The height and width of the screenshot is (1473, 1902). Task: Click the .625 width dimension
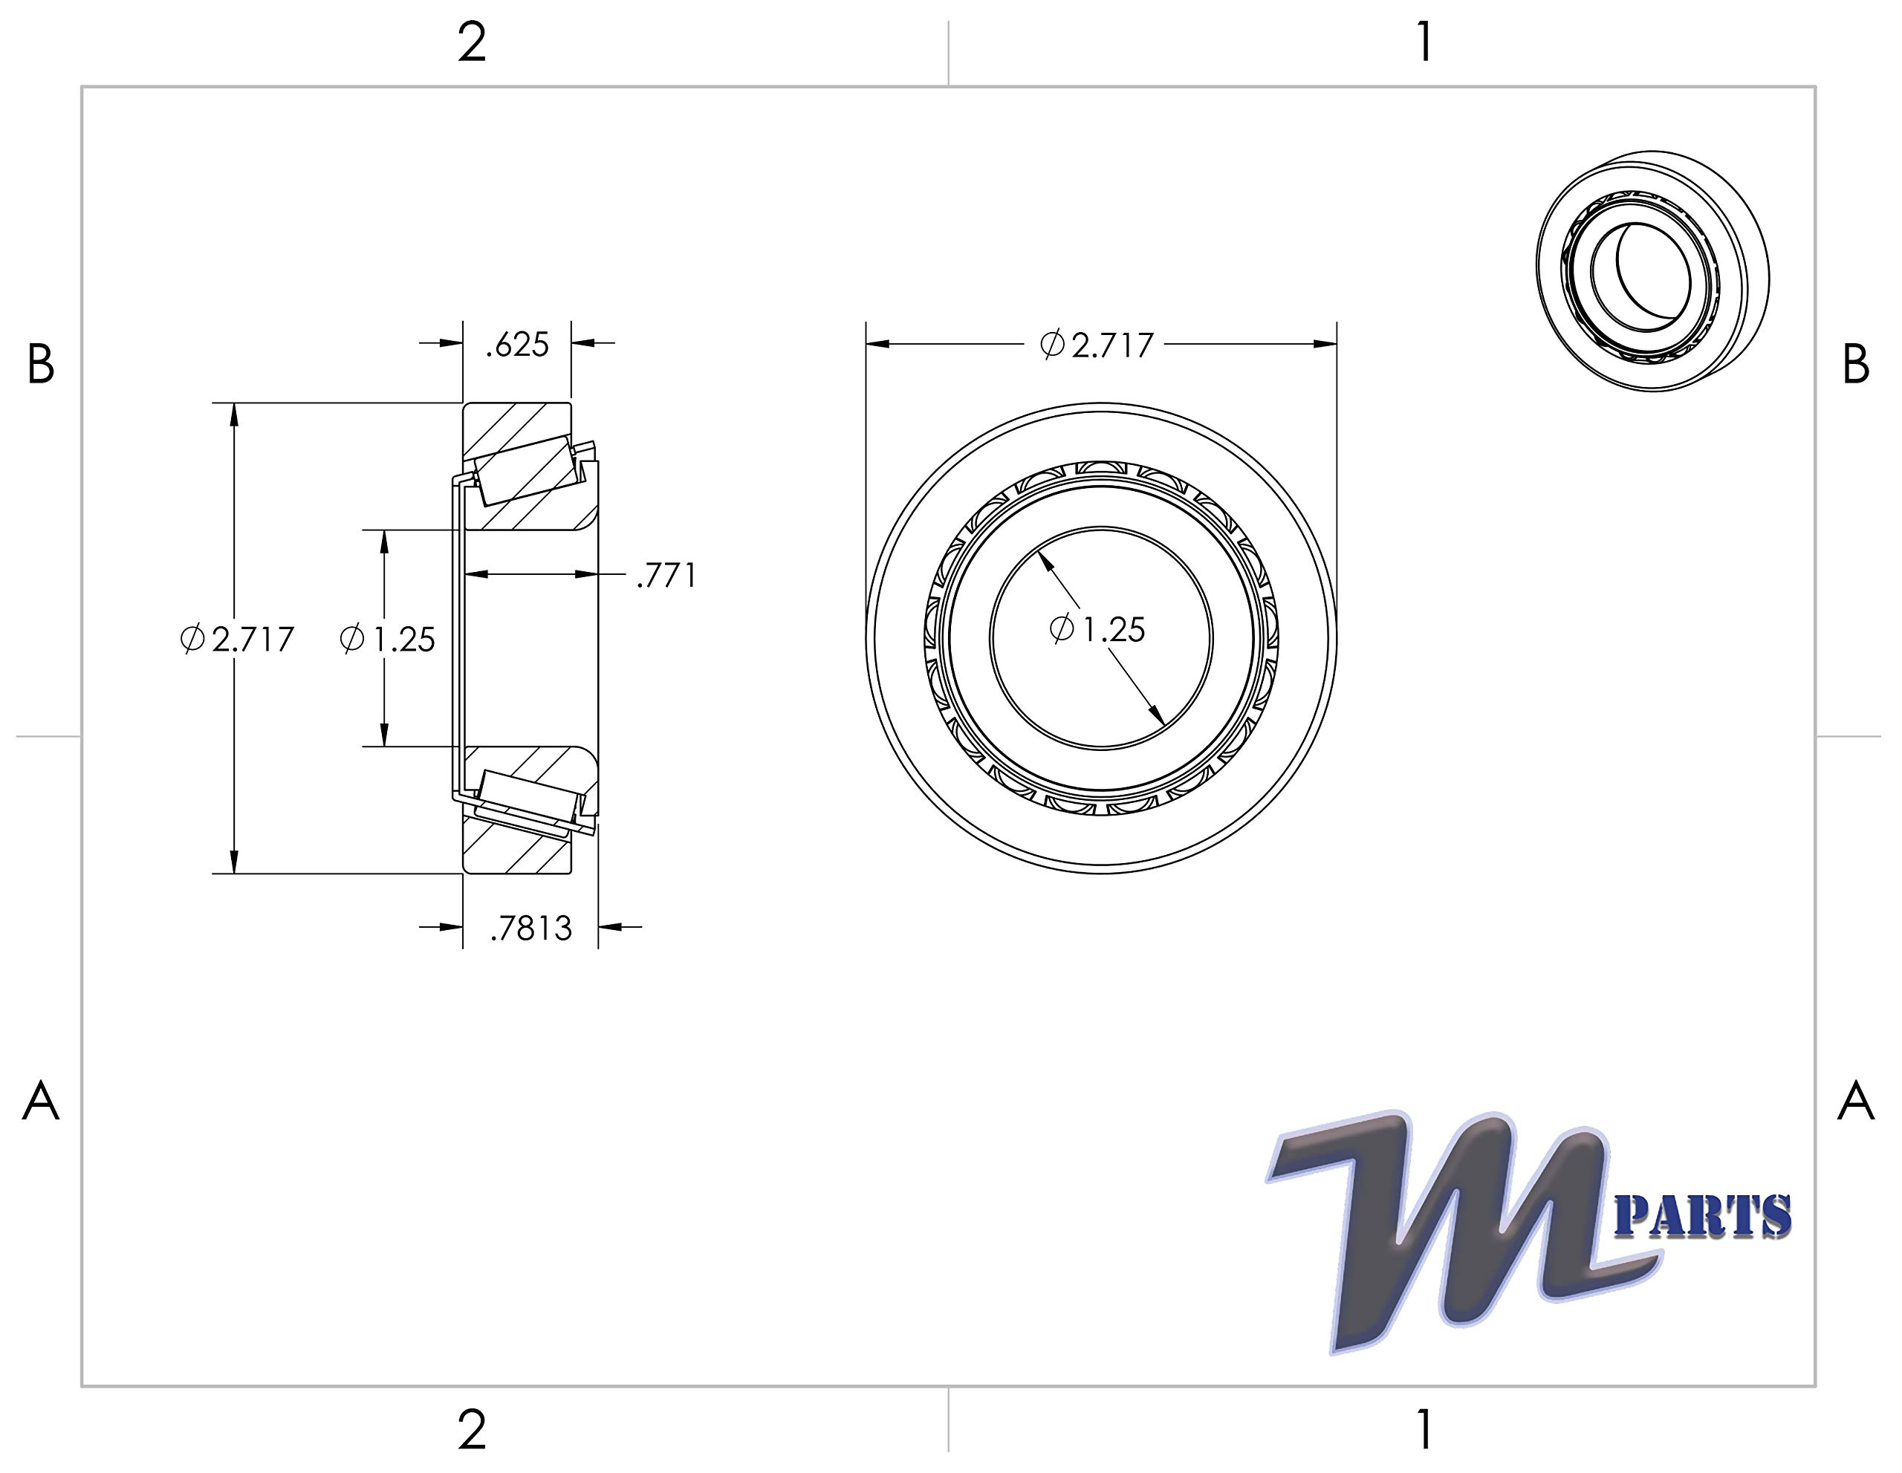click(517, 345)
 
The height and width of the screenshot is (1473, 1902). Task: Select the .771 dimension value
click(666, 576)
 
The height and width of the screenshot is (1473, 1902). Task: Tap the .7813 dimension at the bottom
click(530, 929)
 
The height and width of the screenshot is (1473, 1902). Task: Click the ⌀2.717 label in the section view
click(238, 640)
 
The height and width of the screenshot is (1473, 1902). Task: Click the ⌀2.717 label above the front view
click(1097, 345)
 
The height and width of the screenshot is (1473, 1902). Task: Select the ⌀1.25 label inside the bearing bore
click(1097, 628)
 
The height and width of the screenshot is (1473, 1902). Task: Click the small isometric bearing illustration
click(1652, 270)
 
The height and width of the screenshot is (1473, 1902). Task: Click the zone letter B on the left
click(41, 365)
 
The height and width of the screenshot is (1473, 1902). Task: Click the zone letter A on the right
click(1855, 1102)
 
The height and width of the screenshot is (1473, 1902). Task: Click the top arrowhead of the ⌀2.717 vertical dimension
click(233, 415)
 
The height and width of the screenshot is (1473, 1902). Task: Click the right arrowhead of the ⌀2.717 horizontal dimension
click(1325, 344)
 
